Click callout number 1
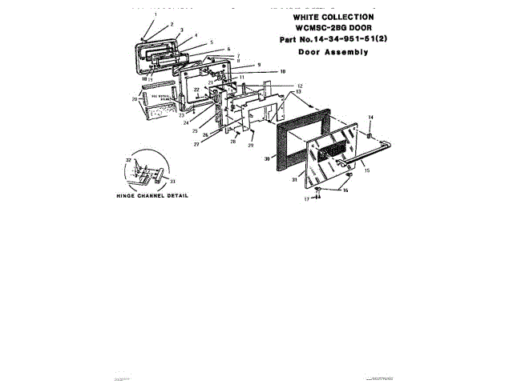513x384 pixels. (x=156, y=15)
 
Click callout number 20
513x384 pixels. (x=135, y=99)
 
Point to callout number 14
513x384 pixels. (x=371, y=118)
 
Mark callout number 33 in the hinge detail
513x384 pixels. (x=173, y=182)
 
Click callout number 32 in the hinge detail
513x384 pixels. (x=128, y=161)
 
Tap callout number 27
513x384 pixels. (x=196, y=144)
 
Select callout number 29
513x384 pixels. (x=251, y=146)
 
